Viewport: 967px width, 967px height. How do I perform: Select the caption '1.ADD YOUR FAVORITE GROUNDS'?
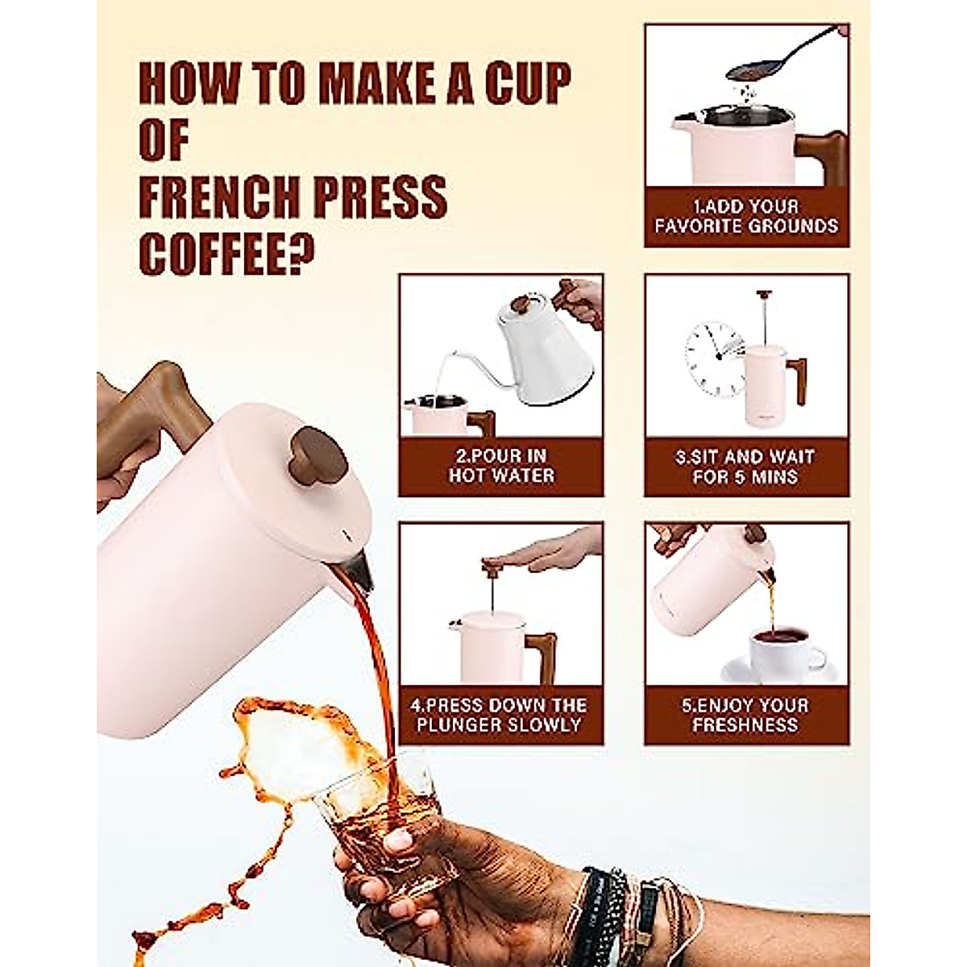click(x=746, y=216)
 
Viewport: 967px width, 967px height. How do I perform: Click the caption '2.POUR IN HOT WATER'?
click(x=500, y=467)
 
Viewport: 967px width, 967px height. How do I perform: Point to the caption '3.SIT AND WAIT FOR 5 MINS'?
click(x=745, y=467)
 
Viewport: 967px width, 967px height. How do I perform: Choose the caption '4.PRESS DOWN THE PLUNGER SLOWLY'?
click(x=500, y=715)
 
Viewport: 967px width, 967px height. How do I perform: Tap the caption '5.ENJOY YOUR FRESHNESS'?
click(x=745, y=715)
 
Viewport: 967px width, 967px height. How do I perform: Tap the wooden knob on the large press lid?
click(x=319, y=456)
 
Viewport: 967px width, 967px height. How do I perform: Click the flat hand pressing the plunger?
click(x=556, y=552)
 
